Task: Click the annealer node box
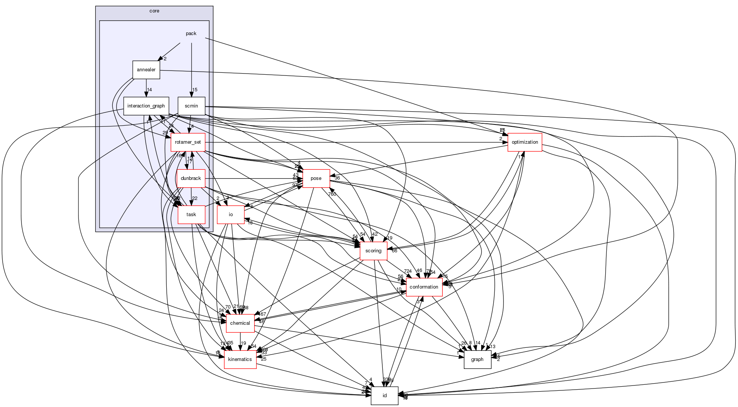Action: (x=146, y=70)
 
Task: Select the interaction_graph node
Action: (x=146, y=106)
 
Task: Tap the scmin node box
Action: (x=191, y=106)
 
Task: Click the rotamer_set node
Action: (x=188, y=142)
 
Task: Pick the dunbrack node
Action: (x=191, y=178)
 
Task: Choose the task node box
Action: (x=191, y=215)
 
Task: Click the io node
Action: (x=231, y=215)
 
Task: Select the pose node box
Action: (x=316, y=178)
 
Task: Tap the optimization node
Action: (x=525, y=142)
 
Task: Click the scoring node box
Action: (x=373, y=251)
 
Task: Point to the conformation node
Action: (x=424, y=287)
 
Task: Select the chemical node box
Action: (x=240, y=323)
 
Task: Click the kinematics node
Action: (x=240, y=359)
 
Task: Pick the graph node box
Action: (x=477, y=359)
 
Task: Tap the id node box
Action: (x=384, y=396)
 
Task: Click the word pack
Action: (x=191, y=34)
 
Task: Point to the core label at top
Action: (x=154, y=11)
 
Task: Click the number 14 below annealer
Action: (x=149, y=90)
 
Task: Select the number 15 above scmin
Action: (x=195, y=90)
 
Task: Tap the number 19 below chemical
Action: (x=243, y=343)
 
